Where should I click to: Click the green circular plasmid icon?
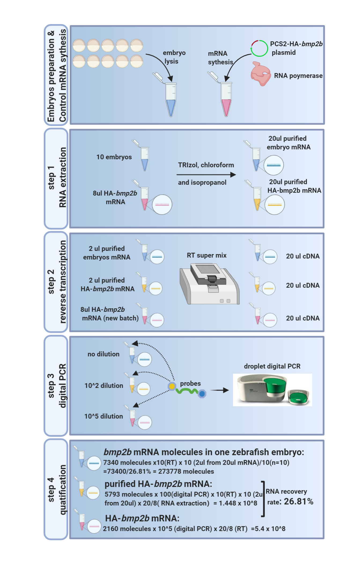(259, 48)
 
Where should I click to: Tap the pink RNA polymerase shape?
(260, 74)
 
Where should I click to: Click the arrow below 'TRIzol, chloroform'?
(206, 175)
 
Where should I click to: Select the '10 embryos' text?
(114, 157)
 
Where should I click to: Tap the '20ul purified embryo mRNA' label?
(288, 143)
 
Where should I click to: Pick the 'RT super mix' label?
(206, 255)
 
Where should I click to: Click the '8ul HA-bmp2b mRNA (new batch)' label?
(109, 314)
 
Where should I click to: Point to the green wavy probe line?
(187, 391)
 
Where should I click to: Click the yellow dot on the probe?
(172, 386)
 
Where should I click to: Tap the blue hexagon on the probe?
(202, 394)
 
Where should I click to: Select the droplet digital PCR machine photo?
(272, 390)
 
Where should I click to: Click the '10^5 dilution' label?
(104, 416)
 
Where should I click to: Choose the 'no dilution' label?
(104, 354)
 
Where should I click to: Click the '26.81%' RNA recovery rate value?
(298, 501)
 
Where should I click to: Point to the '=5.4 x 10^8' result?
(268, 529)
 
